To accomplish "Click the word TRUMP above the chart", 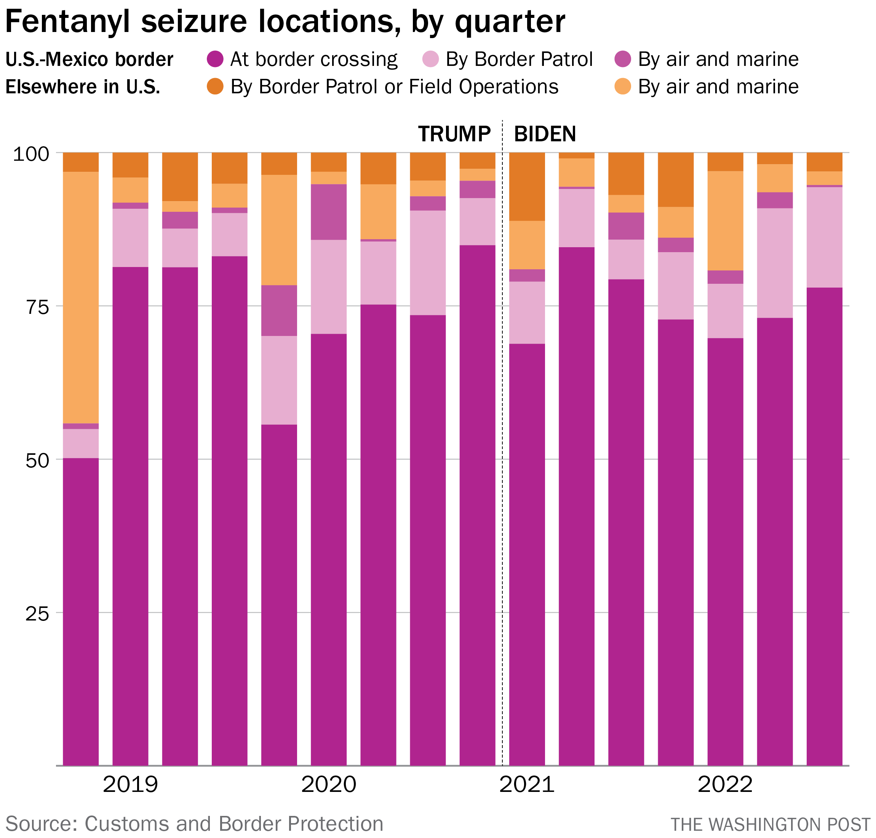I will click(x=454, y=134).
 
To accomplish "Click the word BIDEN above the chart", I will click(x=545, y=134).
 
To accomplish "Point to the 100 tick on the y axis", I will click(x=31, y=154).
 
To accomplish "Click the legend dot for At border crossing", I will click(x=215, y=59).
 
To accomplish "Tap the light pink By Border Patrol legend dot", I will click(x=431, y=59).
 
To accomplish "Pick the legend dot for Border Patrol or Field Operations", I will click(x=215, y=86).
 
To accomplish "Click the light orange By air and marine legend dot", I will click(x=623, y=86).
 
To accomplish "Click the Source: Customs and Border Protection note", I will click(x=194, y=824).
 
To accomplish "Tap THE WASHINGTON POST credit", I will click(x=770, y=825).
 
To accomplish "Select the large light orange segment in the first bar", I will click(x=80, y=297).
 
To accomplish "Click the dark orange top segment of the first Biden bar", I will click(x=527, y=186).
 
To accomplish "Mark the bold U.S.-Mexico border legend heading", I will click(x=90, y=59).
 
